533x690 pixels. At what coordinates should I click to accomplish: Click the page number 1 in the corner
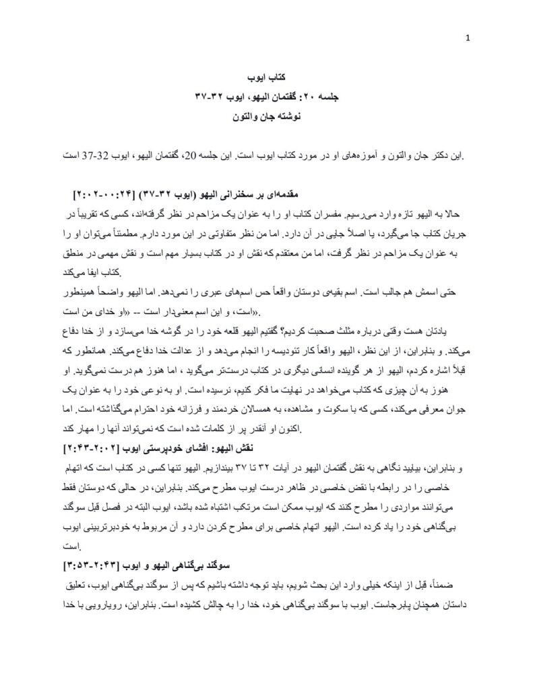[x=468, y=38]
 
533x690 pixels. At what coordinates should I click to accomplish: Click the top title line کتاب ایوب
[x=267, y=80]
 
